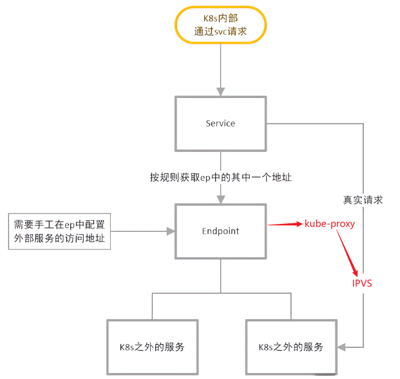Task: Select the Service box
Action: pos(220,124)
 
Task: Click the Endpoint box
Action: pos(220,230)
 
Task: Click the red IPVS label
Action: pos(361,282)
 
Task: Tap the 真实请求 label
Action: pos(363,199)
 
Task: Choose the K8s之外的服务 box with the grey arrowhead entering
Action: pos(290,347)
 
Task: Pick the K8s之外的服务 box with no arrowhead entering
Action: pos(153,347)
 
